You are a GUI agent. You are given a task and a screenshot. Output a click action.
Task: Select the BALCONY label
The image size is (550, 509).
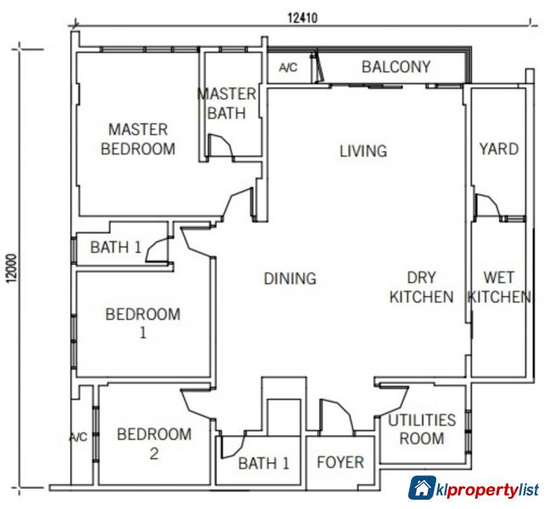click(x=396, y=66)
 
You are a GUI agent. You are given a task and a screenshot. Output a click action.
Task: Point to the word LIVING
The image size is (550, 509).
click(x=362, y=151)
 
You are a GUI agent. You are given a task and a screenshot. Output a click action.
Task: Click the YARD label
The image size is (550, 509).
click(x=498, y=149)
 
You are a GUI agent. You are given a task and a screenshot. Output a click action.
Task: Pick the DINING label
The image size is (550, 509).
click(x=289, y=278)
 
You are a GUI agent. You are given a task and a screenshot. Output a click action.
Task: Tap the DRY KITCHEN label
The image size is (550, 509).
click(x=421, y=287)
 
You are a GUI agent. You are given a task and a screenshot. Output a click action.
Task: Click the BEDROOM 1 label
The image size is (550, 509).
click(x=143, y=323)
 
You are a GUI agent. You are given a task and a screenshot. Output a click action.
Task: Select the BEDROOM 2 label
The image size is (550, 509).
click(x=154, y=444)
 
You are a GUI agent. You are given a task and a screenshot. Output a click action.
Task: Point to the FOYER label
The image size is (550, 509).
click(x=340, y=462)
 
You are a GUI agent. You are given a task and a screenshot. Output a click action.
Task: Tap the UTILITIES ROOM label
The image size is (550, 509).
click(x=422, y=429)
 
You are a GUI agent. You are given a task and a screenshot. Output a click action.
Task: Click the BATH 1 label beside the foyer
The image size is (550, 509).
click(x=263, y=463)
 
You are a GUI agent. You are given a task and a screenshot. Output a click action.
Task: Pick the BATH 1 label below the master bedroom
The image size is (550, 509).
click(x=115, y=249)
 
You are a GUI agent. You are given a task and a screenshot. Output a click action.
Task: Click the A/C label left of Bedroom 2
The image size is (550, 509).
click(x=78, y=438)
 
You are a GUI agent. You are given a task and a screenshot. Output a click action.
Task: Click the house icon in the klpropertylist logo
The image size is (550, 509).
click(x=422, y=489)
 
